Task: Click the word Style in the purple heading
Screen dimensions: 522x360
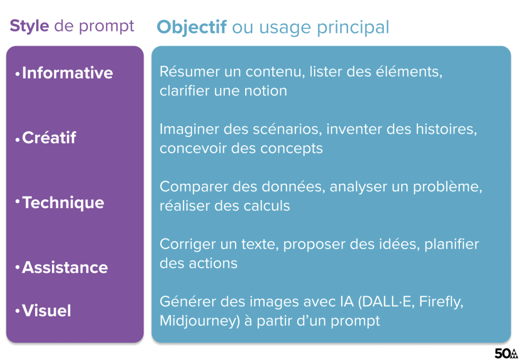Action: (x=29, y=27)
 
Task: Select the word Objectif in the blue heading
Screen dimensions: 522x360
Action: (x=192, y=27)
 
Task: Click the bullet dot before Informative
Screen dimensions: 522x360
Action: (x=18, y=74)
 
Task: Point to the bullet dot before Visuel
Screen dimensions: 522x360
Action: (x=18, y=312)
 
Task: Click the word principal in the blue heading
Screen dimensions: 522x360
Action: (x=353, y=28)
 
